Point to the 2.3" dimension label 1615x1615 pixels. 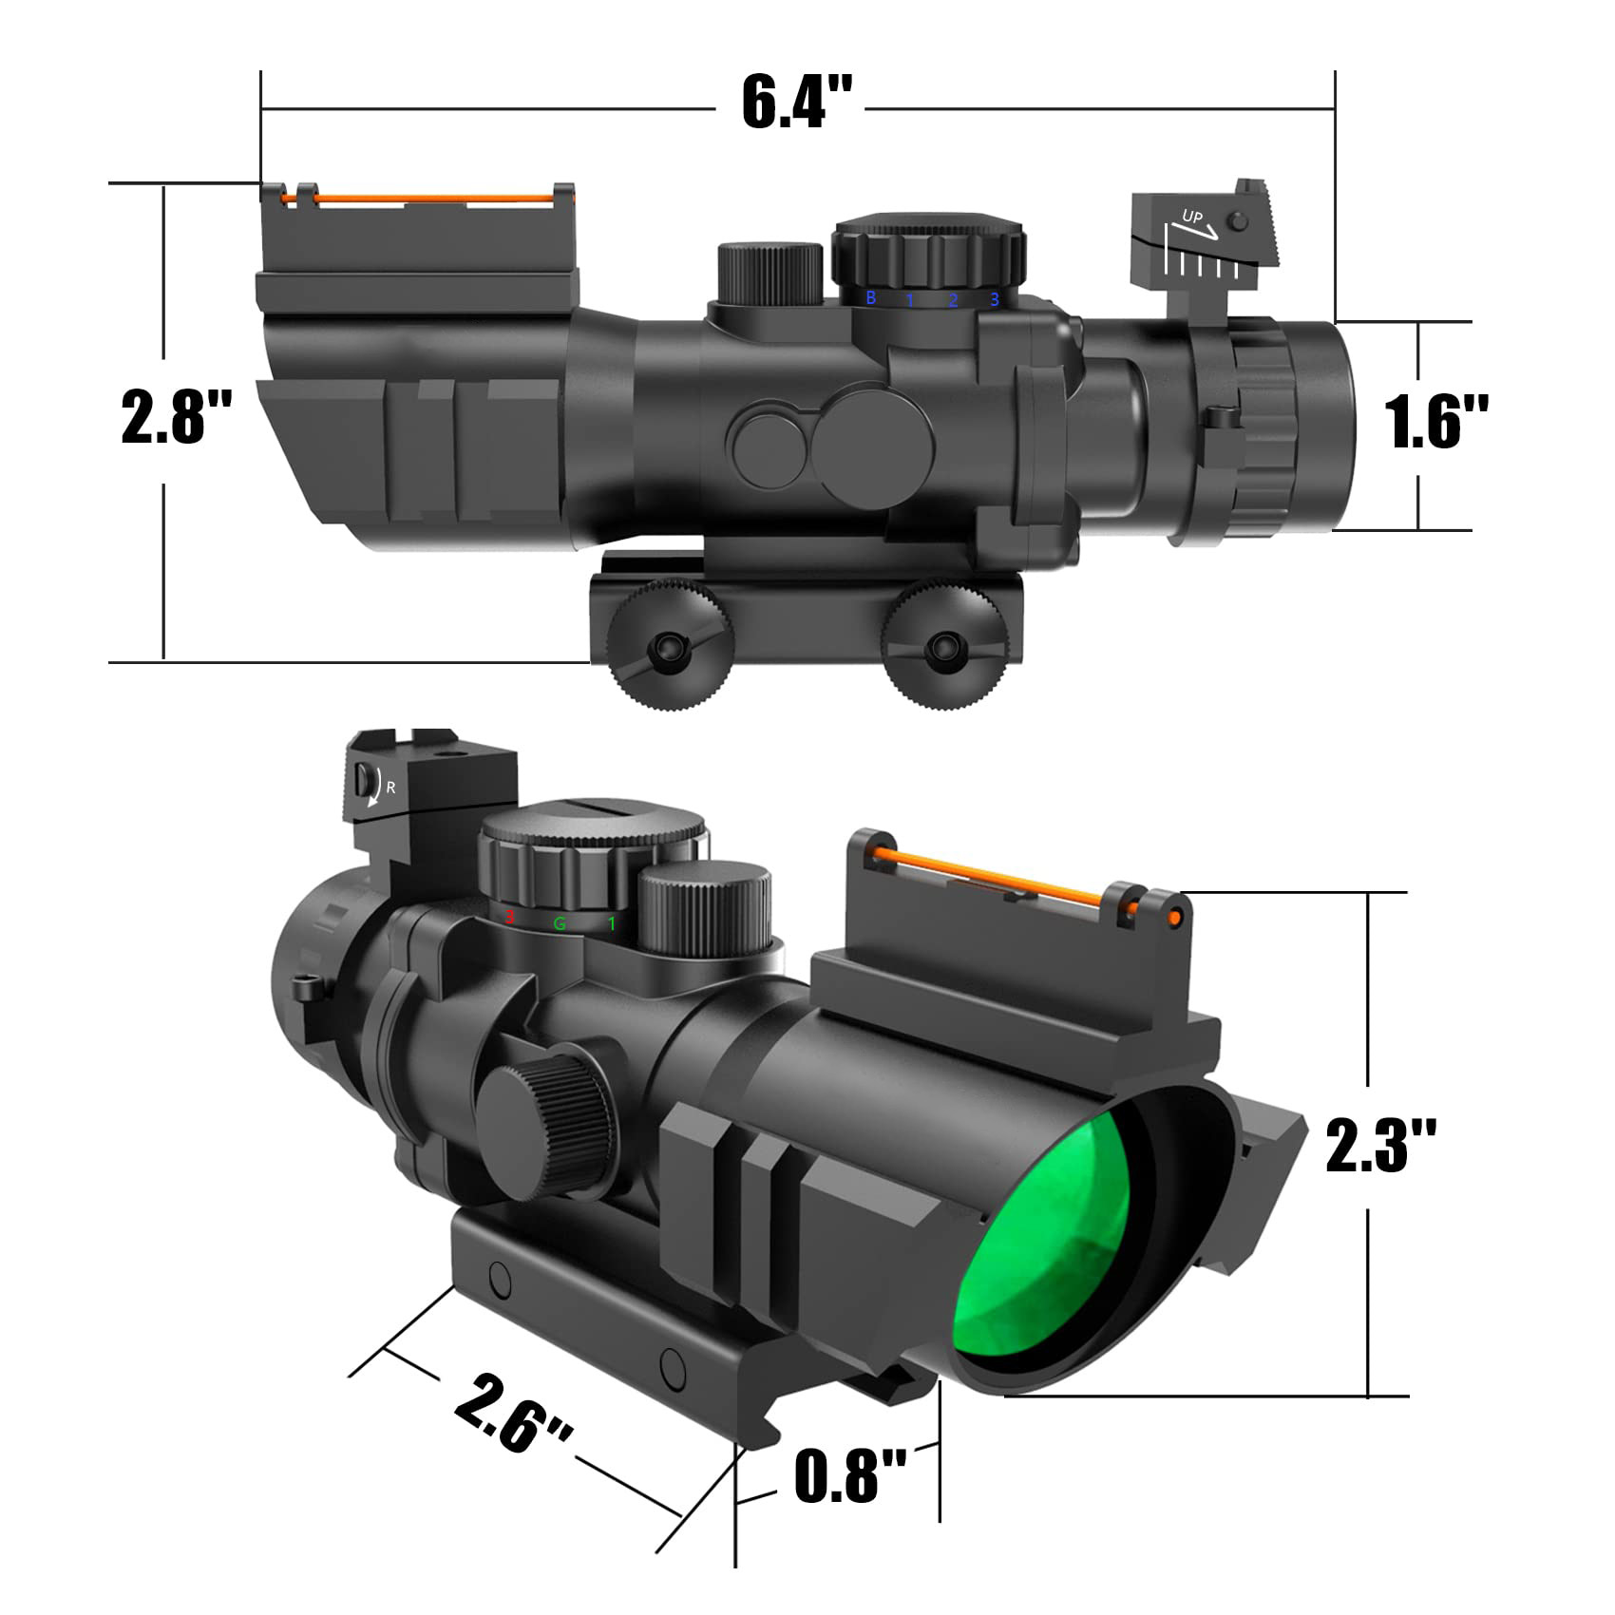[x=1380, y=1145]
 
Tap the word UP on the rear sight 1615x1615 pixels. [x=1191, y=218]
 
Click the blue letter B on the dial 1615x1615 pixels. [x=870, y=298]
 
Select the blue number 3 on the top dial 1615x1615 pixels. [x=995, y=300]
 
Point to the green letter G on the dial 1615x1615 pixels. [x=560, y=922]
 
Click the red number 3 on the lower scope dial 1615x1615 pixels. [x=509, y=918]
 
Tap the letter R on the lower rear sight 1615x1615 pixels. [x=390, y=788]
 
